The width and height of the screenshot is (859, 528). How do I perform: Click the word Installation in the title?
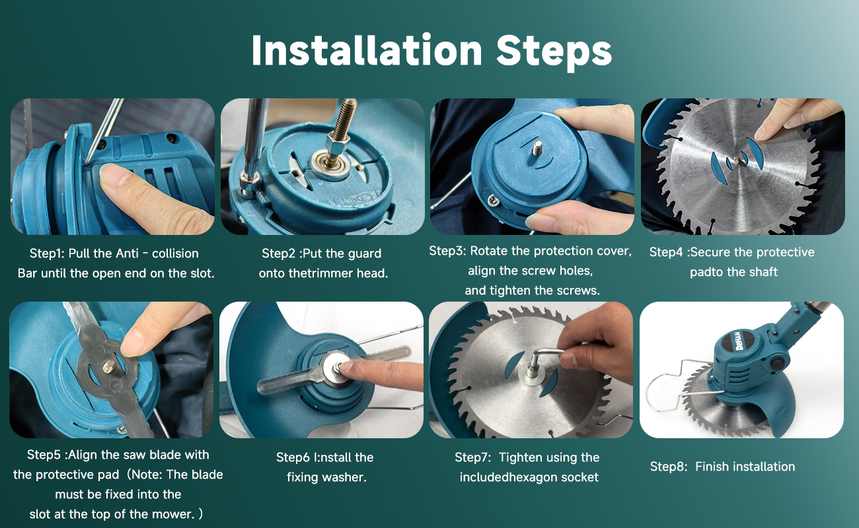click(x=367, y=51)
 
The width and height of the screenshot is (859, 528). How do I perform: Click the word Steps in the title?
click(x=554, y=53)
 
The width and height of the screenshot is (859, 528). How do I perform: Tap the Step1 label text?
click(x=47, y=253)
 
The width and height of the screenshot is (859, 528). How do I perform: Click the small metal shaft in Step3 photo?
click(x=537, y=148)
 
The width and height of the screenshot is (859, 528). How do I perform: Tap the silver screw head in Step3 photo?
click(x=492, y=199)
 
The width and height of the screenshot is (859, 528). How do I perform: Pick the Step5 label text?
click(x=44, y=455)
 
